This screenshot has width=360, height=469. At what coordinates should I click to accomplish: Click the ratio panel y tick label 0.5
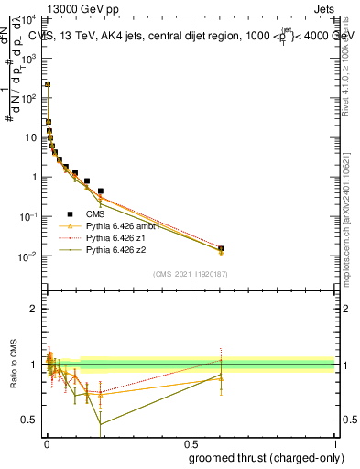pyautogui.click(x=30, y=420)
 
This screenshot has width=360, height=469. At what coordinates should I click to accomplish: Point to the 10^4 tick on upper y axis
pyautogui.click(x=30, y=19)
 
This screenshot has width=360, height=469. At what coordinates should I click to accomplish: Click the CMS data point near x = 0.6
pyautogui.click(x=221, y=247)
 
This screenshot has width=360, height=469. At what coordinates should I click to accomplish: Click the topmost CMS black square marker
pyautogui.click(x=48, y=84)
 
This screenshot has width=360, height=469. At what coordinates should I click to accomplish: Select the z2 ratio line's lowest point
pyautogui.click(x=100, y=423)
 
